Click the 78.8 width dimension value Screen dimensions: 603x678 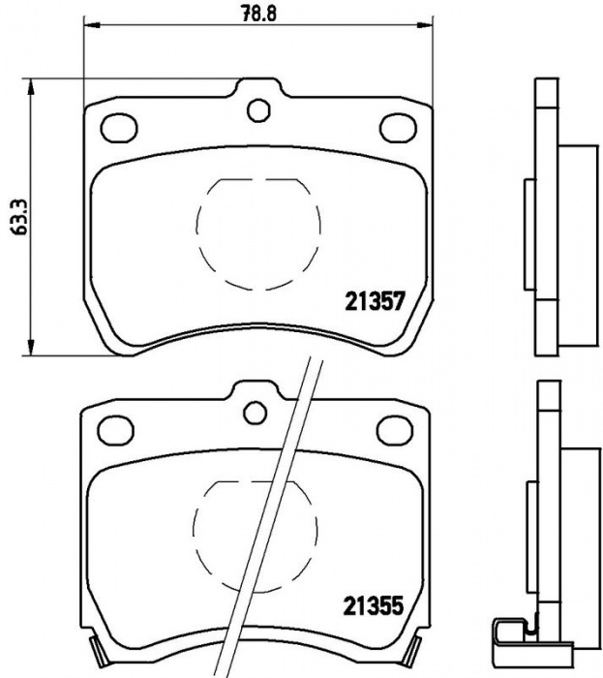point(258,13)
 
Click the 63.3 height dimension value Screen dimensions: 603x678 point(20,217)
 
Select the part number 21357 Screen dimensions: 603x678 point(375,300)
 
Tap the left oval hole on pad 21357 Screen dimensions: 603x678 point(119,128)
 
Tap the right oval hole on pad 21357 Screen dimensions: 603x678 point(398,127)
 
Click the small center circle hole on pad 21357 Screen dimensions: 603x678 point(258,109)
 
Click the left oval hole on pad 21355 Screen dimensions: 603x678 point(116,430)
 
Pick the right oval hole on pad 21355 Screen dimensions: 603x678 point(395,430)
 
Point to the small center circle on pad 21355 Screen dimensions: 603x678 point(255,413)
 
